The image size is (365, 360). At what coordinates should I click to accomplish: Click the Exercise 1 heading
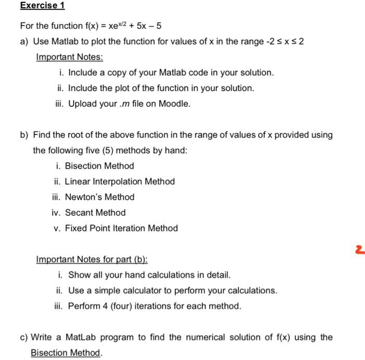(39, 6)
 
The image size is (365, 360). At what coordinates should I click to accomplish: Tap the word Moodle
(174, 104)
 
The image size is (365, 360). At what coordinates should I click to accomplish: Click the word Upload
(82, 104)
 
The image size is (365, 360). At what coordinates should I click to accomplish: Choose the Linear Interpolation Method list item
(119, 181)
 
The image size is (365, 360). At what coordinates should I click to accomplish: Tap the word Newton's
(84, 197)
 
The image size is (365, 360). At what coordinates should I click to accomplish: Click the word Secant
(80, 213)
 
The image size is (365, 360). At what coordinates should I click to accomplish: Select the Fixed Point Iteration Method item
(121, 228)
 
